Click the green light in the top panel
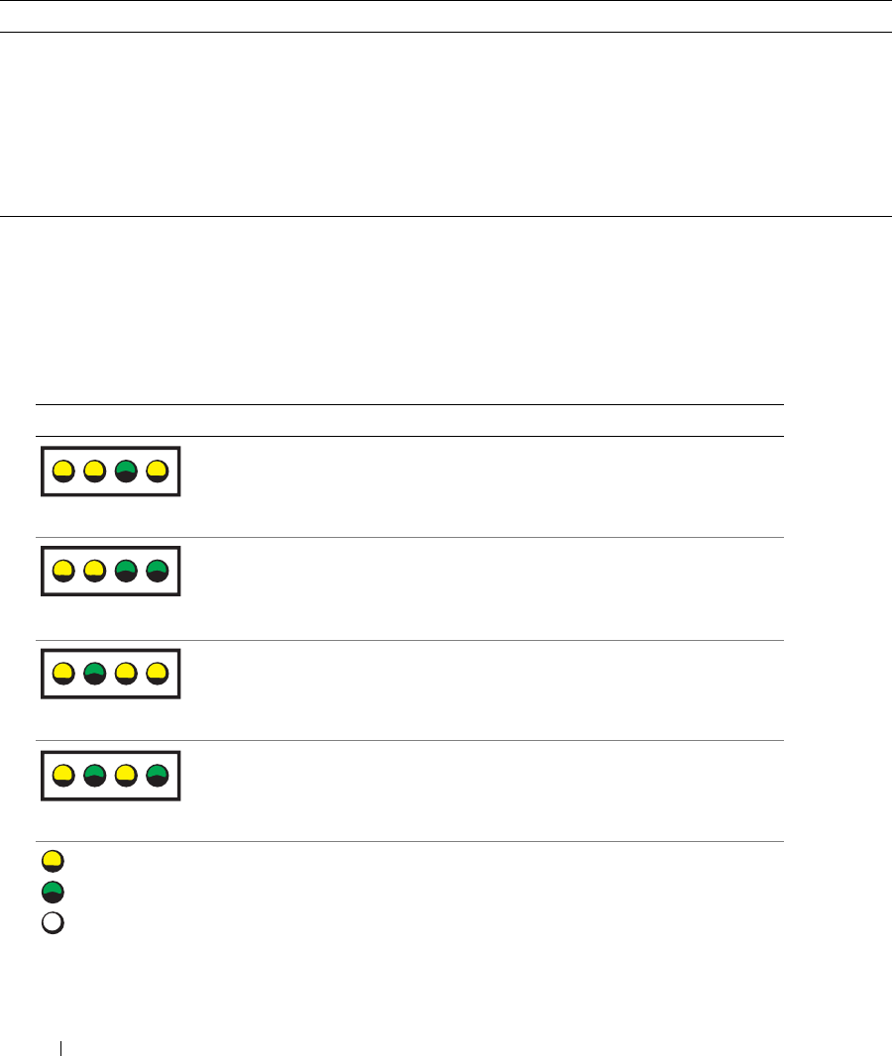pyautogui.click(x=126, y=471)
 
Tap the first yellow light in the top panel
pyautogui.click(x=62, y=471)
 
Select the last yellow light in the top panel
pyautogui.click(x=158, y=471)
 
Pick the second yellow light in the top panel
pyautogui.click(x=94, y=471)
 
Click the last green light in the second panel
pyautogui.click(x=158, y=572)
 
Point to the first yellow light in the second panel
pyautogui.click(x=62, y=572)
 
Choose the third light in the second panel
pyautogui.click(x=126, y=572)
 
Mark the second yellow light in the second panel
pyautogui.click(x=94, y=572)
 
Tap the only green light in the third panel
pyautogui.click(x=94, y=674)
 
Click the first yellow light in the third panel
pyautogui.click(x=62, y=674)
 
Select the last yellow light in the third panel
pyautogui.click(x=158, y=674)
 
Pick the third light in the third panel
pyautogui.click(x=126, y=674)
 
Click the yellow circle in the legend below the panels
pyautogui.click(x=53, y=859)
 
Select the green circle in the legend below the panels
pyautogui.click(x=53, y=891)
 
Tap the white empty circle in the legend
pyautogui.click(x=53, y=922)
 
